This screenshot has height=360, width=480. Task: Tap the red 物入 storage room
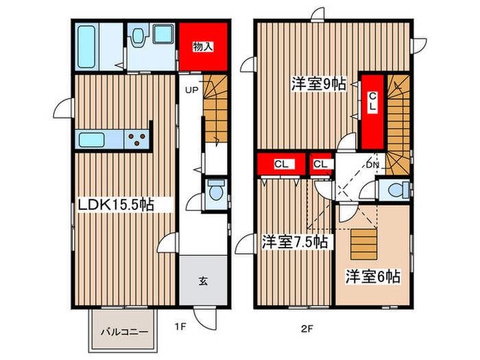point(203,47)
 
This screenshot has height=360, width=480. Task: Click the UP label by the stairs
point(191,90)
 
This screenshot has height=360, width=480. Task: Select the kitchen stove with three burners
point(137,141)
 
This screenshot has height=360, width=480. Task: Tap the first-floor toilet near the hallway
point(215,191)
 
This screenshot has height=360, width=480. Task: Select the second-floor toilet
point(396,190)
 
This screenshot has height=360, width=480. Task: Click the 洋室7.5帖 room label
point(293,242)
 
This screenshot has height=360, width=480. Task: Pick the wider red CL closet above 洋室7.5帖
point(280,165)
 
